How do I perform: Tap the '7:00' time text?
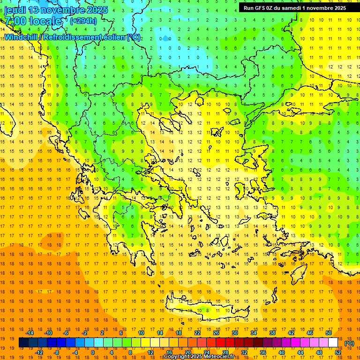point(15,21)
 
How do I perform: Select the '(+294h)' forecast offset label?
point(83,21)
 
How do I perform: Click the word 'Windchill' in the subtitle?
point(22,37)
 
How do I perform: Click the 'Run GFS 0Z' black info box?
point(295,7)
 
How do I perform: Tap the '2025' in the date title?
point(97,10)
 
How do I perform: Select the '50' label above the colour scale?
point(328,333)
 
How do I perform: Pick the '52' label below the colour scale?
point(337,352)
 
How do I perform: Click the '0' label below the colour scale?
point(93,352)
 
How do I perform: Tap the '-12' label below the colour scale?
point(39,352)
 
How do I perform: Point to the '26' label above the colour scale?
point(216,333)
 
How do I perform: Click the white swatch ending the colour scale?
point(333,343)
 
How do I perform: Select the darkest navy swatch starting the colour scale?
point(23,343)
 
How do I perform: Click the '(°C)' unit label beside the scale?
point(349,343)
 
